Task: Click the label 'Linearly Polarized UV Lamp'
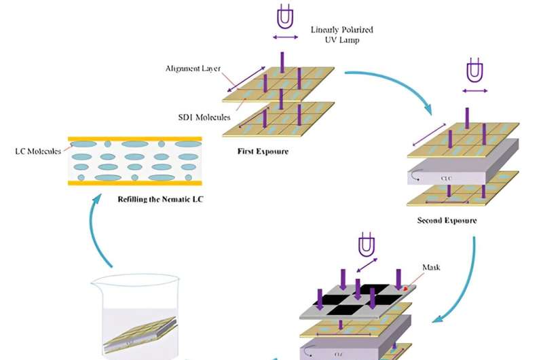click(341, 35)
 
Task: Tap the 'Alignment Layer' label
click(191, 69)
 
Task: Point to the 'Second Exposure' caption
click(447, 220)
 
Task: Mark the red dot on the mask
click(406, 288)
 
